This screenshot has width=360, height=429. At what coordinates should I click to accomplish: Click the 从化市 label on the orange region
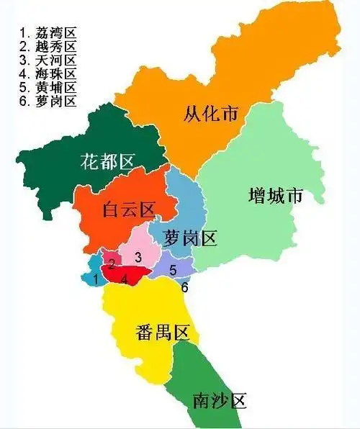coord(210,113)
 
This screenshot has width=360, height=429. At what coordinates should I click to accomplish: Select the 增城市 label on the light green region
coord(276,196)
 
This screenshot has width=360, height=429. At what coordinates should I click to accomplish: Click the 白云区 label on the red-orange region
coord(128,210)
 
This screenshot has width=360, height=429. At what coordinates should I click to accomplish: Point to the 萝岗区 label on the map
coord(191,239)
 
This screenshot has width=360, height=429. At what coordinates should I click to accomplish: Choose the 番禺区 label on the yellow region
coord(162,333)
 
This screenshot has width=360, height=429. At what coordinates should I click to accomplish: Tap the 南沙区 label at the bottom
coord(220,400)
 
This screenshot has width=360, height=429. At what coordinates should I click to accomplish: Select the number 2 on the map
coord(112,263)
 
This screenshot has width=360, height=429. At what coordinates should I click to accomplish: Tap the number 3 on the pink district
coord(138,256)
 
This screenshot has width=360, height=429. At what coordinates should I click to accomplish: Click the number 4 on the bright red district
coord(125,278)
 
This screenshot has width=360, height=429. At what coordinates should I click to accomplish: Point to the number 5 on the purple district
coord(173,270)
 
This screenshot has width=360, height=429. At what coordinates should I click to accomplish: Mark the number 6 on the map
coord(184,287)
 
